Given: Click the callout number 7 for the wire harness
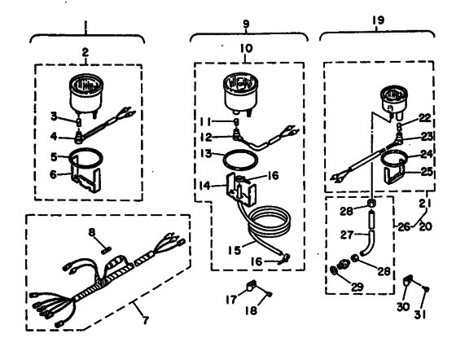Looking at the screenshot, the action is [145, 320].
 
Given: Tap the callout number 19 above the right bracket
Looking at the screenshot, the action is [378, 20].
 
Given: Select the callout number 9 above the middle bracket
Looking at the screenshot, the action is [246, 24].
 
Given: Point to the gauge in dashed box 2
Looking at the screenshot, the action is [86, 95].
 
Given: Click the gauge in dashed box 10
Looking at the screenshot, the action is [240, 95].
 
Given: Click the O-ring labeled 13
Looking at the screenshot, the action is [240, 160].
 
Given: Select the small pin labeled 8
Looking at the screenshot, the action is [106, 249].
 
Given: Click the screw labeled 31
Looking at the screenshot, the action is [427, 289].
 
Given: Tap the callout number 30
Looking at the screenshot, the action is [403, 306].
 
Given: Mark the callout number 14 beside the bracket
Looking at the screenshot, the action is [205, 185].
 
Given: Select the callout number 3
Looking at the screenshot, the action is [54, 116].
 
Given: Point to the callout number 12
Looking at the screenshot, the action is [206, 137].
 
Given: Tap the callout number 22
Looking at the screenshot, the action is [425, 117].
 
